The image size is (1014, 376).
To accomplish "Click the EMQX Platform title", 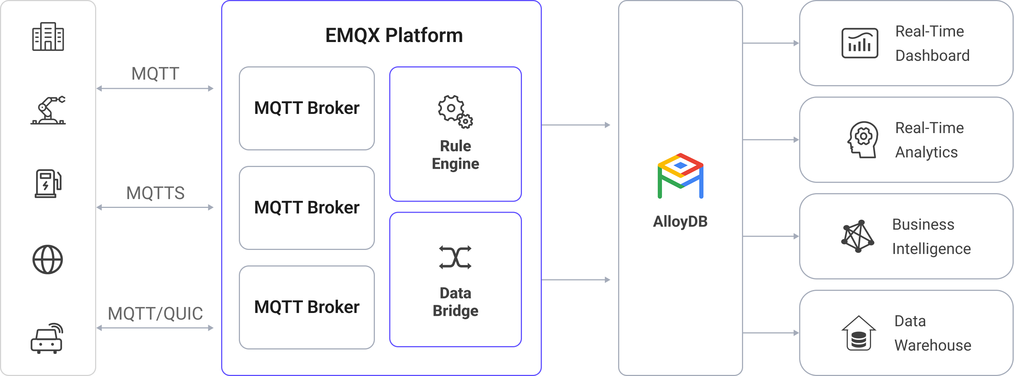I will coord(394,35).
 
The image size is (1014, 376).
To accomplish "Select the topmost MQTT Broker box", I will coord(307,108).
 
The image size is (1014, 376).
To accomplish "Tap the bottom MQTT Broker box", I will coord(307,307).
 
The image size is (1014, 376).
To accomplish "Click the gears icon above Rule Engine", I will coord(455,111).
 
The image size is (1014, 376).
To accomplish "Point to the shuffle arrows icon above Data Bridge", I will coord(455,258).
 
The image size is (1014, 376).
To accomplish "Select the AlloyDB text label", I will coord(680,222).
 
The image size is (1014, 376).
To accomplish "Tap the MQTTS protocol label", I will coord(155,193).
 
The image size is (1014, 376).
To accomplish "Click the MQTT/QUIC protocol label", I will coord(155,314).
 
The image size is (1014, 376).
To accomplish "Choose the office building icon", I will coord(48,36).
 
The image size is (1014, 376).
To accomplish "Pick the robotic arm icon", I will coord(48,110).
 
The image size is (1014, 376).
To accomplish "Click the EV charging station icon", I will coord(48,184).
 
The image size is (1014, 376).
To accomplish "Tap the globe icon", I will coord(48,260).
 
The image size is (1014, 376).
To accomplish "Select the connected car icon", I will coord(47,339).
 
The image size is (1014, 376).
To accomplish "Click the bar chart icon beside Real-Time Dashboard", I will coord(860,43).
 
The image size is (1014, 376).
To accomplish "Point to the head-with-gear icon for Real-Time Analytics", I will coord(862,139).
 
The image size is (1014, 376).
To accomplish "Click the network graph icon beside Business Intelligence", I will coord(858,236).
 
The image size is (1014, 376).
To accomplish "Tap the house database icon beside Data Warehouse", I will coord(858,333).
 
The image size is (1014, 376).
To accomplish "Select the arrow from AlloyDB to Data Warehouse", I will coord(771,333).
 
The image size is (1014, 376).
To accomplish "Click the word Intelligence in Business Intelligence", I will coord(931,249).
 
